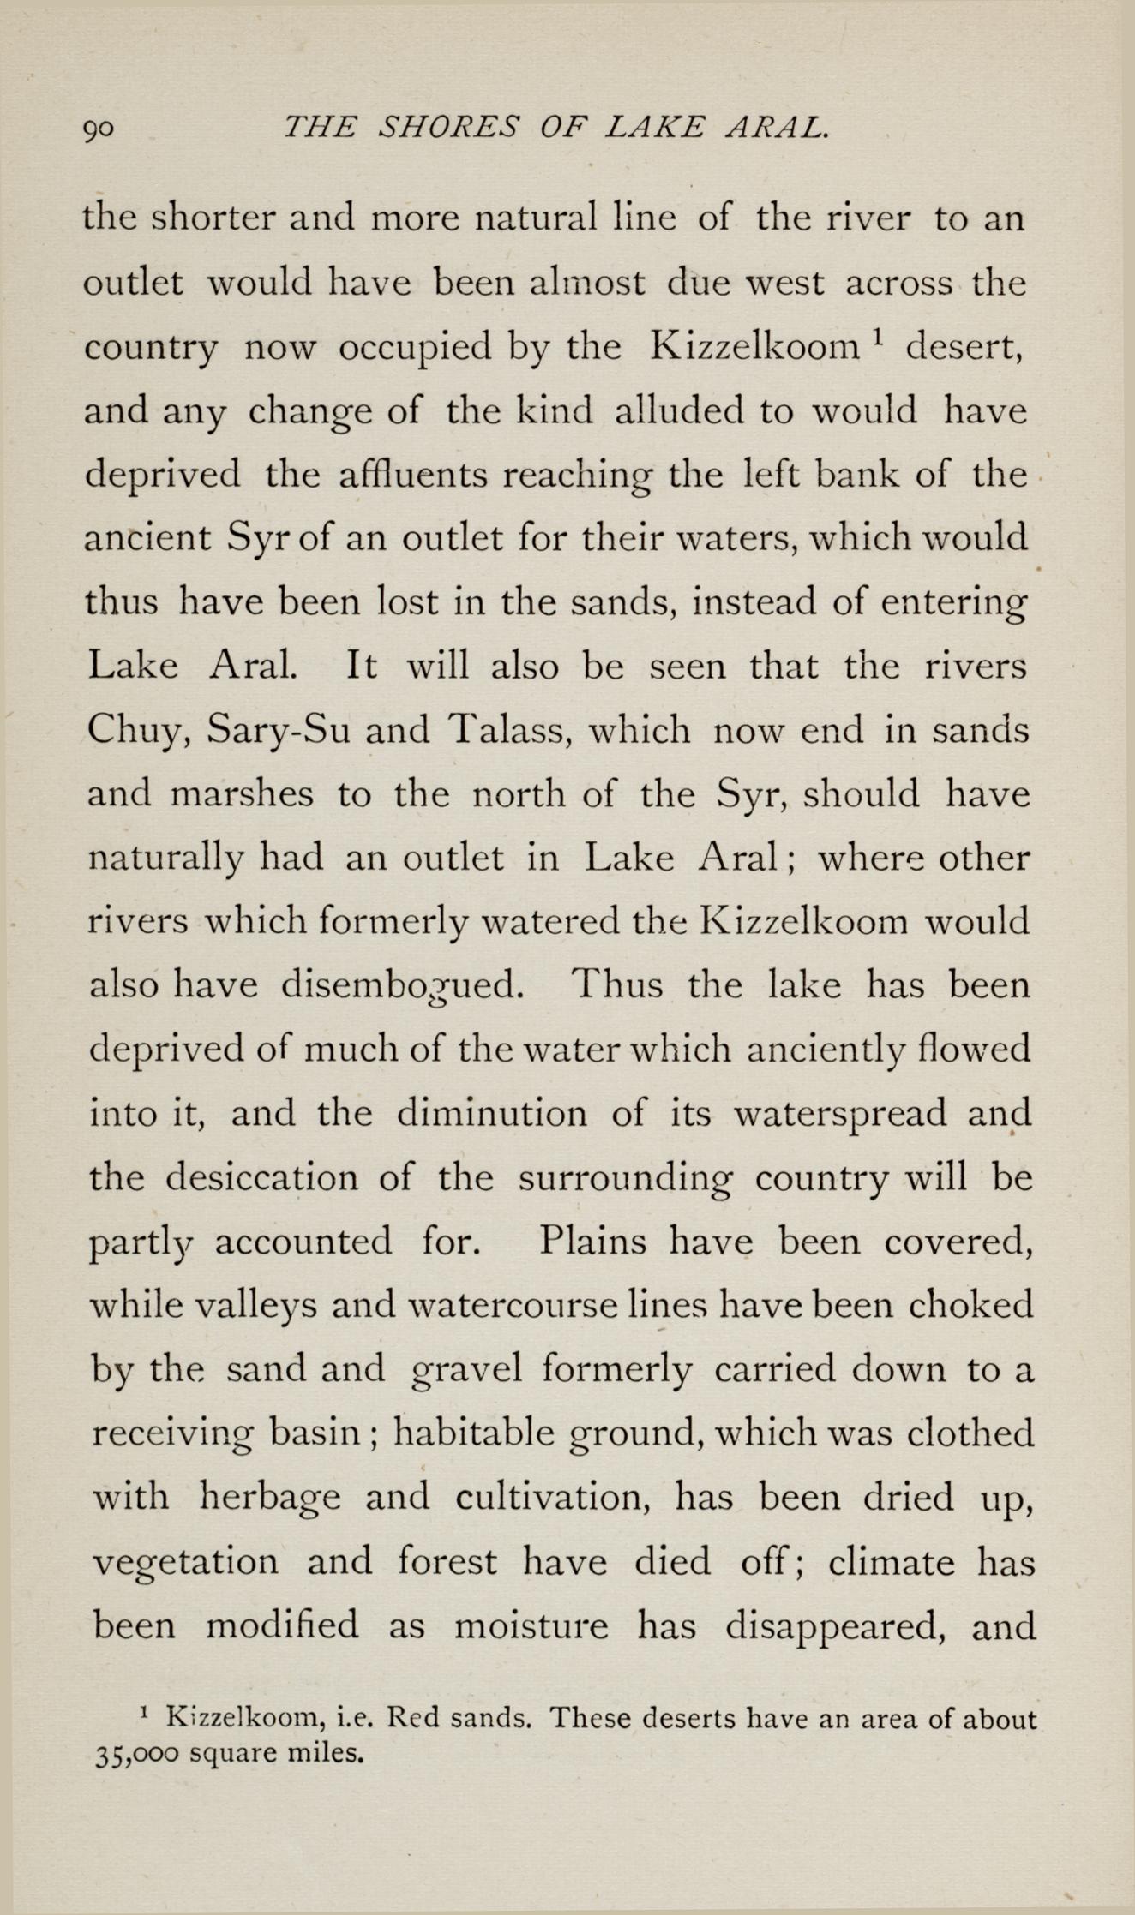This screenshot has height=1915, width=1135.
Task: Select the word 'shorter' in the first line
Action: (213, 218)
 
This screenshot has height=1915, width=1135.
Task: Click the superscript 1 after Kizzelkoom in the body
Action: (877, 338)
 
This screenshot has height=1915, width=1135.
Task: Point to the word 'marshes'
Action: (243, 794)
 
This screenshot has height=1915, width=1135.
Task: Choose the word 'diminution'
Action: (492, 1114)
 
